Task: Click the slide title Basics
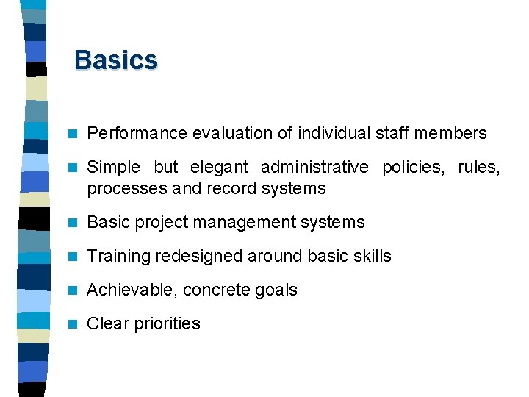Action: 116,60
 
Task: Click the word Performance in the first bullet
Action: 137,133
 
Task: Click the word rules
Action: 479,168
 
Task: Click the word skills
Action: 372,256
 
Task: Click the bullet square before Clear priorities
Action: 72,323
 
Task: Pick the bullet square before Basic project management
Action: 72,222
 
